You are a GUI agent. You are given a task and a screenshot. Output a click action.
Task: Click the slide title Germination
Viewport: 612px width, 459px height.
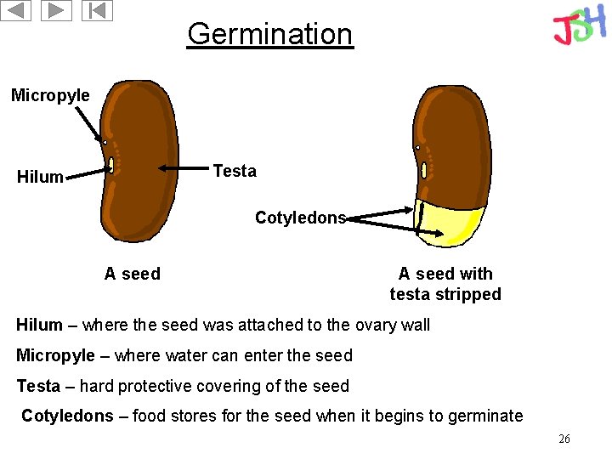point(269,34)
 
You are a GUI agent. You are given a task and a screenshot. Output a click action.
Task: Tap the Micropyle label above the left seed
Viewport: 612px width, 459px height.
point(50,95)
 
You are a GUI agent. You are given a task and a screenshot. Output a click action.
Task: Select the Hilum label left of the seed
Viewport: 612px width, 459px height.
point(40,177)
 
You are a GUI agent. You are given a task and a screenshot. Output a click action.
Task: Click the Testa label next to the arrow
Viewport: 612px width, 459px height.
point(235,171)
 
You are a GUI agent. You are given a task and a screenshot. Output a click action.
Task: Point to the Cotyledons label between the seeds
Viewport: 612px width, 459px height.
point(300,218)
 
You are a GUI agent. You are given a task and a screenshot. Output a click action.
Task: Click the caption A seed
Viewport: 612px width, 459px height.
point(132,274)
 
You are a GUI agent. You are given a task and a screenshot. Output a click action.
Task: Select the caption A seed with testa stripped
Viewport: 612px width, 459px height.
point(445,284)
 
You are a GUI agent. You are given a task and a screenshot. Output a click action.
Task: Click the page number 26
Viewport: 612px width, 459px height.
point(564,439)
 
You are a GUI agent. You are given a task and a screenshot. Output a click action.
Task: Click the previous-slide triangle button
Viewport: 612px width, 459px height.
point(16,11)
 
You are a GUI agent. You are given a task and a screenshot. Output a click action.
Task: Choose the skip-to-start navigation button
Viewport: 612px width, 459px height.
point(98,11)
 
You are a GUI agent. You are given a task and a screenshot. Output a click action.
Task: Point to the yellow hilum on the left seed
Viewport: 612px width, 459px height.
point(111,164)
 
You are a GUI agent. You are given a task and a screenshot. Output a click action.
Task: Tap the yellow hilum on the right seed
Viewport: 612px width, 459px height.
point(423,170)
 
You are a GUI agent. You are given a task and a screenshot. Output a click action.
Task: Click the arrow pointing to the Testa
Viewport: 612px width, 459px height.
point(184,170)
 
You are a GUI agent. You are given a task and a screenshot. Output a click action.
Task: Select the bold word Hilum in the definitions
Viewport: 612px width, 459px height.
point(39,325)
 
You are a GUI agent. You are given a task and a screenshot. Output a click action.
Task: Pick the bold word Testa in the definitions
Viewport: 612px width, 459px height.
point(38,386)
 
